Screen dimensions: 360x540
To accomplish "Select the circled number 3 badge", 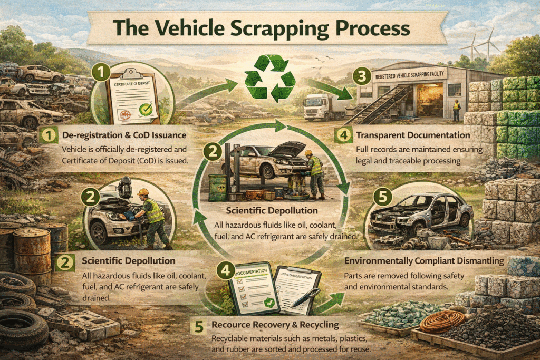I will point(361,76).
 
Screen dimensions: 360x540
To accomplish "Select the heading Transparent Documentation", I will point(405,135).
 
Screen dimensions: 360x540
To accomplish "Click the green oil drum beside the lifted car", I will point(217,188).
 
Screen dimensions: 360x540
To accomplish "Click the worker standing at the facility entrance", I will point(457,110).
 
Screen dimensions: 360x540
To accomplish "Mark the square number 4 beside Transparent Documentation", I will point(343,135).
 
